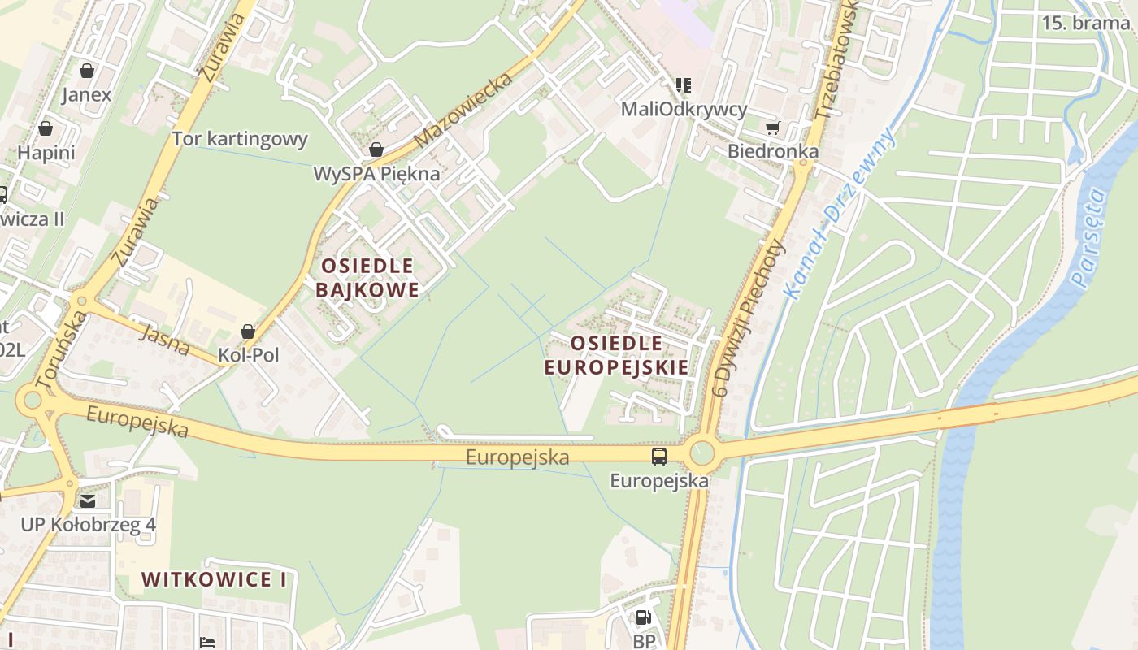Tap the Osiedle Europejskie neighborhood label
(616, 355)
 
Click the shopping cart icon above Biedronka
(772, 128)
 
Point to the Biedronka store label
(772, 151)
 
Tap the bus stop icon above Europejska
(658, 457)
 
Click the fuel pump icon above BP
(643, 617)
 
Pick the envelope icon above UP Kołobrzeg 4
(88, 500)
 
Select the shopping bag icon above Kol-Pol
(248, 331)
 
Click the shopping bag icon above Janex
(87, 71)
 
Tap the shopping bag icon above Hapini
(46, 128)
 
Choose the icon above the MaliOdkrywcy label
(684, 84)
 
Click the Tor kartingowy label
(240, 139)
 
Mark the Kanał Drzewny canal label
(839, 213)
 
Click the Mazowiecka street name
(463, 110)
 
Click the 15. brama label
(1085, 23)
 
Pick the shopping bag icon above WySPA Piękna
(376, 149)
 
